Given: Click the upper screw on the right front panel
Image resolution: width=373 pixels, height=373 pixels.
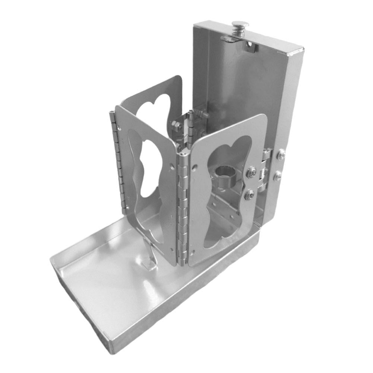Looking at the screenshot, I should pos(252,172).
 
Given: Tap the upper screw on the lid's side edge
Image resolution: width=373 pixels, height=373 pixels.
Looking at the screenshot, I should pos(282,153).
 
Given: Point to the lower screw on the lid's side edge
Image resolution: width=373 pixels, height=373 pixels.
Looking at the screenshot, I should pos(277,177).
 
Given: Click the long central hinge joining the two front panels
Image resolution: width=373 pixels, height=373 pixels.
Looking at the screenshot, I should pos(183,209).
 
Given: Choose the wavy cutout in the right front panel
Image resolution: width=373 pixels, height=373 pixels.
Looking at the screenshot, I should pos(224,194).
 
